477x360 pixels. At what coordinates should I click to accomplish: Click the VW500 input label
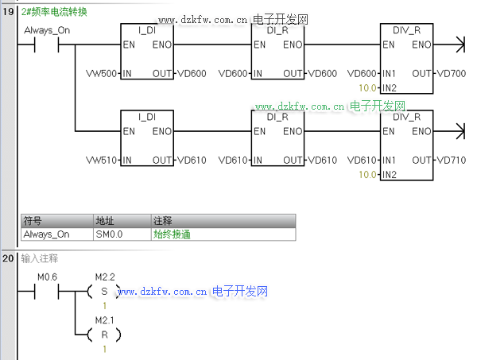[101, 73]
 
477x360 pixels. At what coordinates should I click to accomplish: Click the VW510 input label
[101, 160]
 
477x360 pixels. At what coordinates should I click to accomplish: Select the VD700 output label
[452, 73]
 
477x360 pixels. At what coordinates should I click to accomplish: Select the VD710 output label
[452, 160]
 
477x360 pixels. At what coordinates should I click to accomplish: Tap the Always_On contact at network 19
[46, 45]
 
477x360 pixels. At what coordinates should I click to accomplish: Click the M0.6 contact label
[48, 277]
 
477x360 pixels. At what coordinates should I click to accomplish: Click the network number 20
[10, 258]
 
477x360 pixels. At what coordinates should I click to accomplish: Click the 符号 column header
[33, 220]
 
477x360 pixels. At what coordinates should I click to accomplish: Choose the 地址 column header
[105, 220]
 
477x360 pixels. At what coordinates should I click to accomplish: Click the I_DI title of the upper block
[147, 29]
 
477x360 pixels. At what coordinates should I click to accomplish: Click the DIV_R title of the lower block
[406, 117]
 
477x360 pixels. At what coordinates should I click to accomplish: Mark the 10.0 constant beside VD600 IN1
[368, 87]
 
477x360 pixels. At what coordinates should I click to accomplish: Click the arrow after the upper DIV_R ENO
[456, 45]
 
